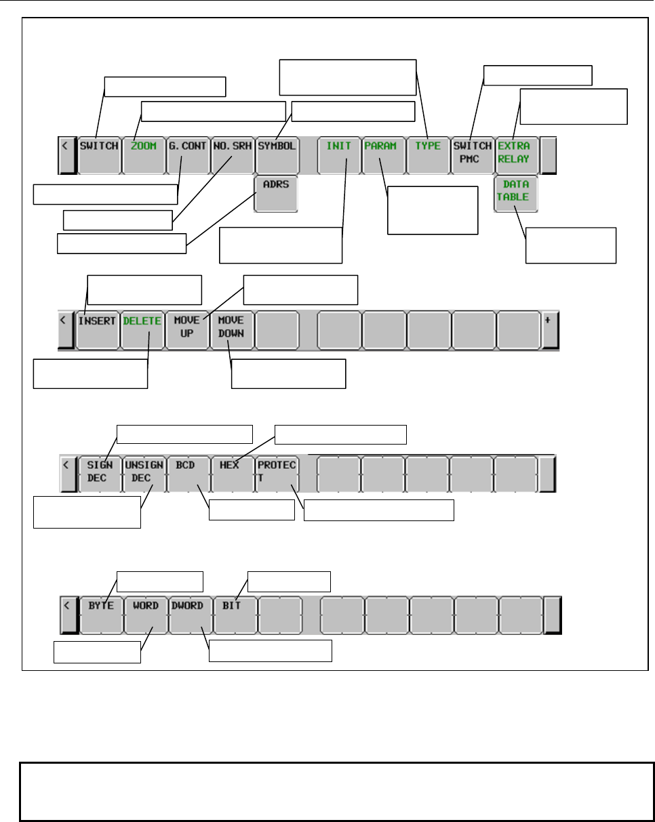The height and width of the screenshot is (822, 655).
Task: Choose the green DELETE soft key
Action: coord(143,329)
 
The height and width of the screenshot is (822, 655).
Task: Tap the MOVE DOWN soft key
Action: coord(232,329)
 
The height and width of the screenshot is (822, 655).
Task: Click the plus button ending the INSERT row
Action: coord(550,329)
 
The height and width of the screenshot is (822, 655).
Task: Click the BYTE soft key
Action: coord(100,614)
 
